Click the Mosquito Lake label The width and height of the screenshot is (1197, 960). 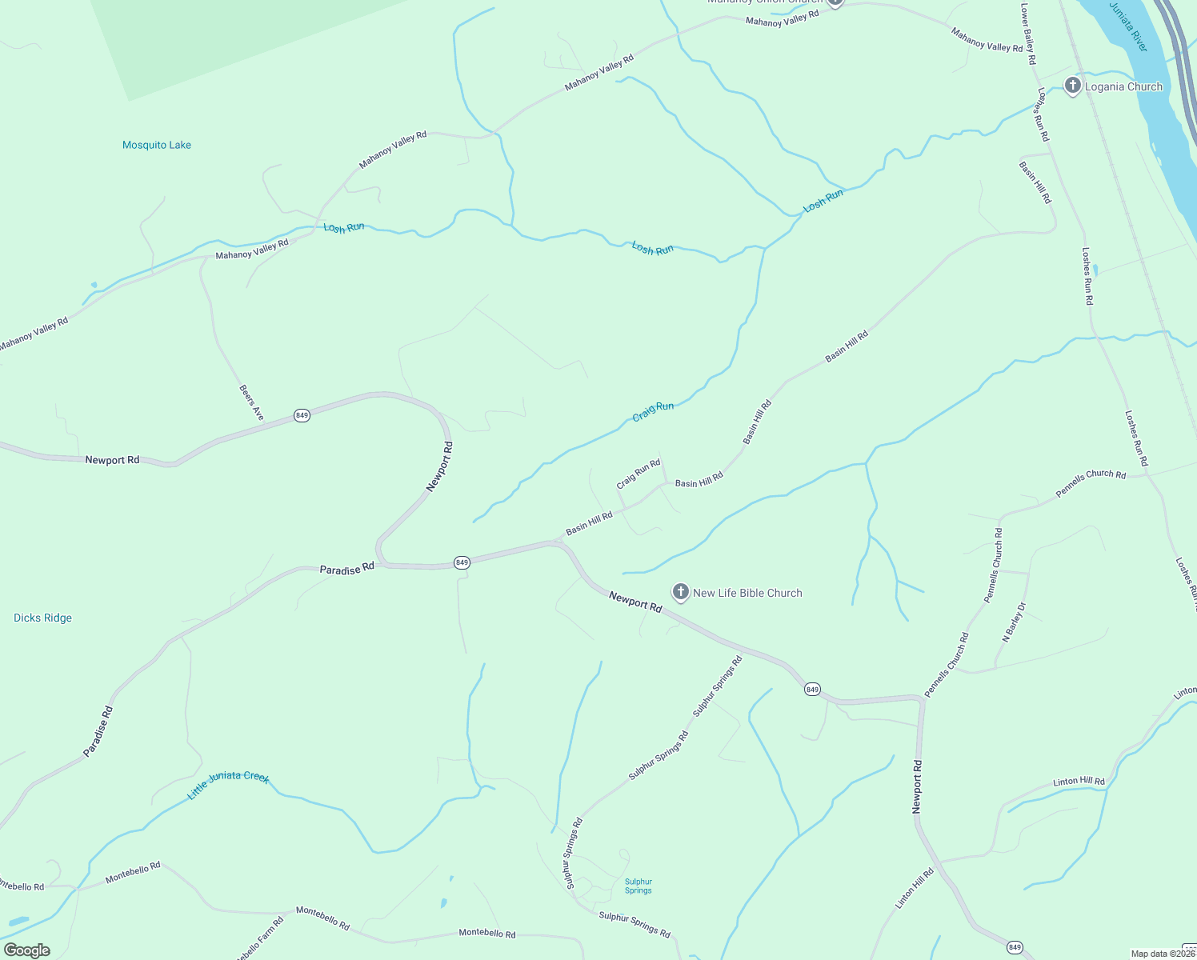pyautogui.click(x=157, y=145)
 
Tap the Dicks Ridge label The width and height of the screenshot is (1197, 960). pyautogui.click(x=43, y=618)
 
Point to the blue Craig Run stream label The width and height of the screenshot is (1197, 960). pyautogui.click(x=653, y=411)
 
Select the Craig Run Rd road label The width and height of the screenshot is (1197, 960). pyautogui.click(x=638, y=474)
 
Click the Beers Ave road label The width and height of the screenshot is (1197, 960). pyautogui.click(x=251, y=402)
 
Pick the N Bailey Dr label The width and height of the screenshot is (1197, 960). pyautogui.click(x=1014, y=622)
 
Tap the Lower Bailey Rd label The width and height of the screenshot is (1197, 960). pyautogui.click(x=1028, y=34)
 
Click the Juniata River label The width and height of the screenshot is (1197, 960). pyautogui.click(x=1129, y=27)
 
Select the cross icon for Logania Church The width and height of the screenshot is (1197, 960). pyautogui.click(x=1073, y=86)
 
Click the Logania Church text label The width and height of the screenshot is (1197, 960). pyautogui.click(x=1123, y=86)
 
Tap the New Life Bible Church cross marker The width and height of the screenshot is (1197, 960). pyautogui.click(x=680, y=592)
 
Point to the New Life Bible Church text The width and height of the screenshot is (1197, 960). pyautogui.click(x=747, y=593)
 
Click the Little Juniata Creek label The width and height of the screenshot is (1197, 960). pyautogui.click(x=228, y=785)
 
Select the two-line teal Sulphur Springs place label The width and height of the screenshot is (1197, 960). pyautogui.click(x=638, y=886)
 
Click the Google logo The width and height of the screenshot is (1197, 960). pyautogui.click(x=26, y=950)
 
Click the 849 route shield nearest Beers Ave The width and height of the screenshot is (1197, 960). pyautogui.click(x=302, y=415)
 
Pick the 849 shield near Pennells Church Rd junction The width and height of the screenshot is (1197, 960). pyautogui.click(x=812, y=689)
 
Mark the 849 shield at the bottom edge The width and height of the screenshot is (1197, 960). pyautogui.click(x=1015, y=947)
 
